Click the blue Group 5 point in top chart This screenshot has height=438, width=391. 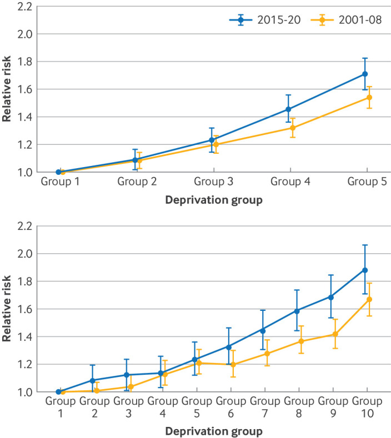pos(365,74)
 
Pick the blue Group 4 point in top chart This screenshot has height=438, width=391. pos(288,109)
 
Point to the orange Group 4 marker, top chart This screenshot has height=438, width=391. pos(293,128)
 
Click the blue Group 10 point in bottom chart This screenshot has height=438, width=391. pos(365,270)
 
